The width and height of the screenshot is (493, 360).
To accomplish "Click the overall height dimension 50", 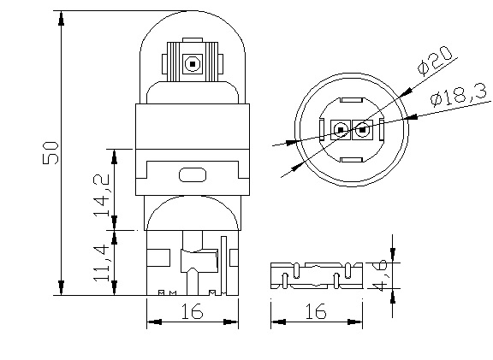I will pos(50,154).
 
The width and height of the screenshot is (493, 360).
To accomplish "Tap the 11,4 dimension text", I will pos(103,263).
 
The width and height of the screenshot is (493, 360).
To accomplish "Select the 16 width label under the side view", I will pos(193,312).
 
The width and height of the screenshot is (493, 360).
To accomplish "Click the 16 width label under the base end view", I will pos(315,312).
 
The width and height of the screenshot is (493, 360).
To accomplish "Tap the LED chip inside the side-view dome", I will pos(192,62).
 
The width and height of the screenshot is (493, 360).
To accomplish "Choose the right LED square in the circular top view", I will pos(363,130).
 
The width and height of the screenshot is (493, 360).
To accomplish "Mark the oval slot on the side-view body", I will pos(193,175).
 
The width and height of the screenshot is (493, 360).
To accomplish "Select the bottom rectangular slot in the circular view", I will pos(353,159).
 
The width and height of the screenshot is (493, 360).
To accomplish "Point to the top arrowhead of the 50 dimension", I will pos(61,17).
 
